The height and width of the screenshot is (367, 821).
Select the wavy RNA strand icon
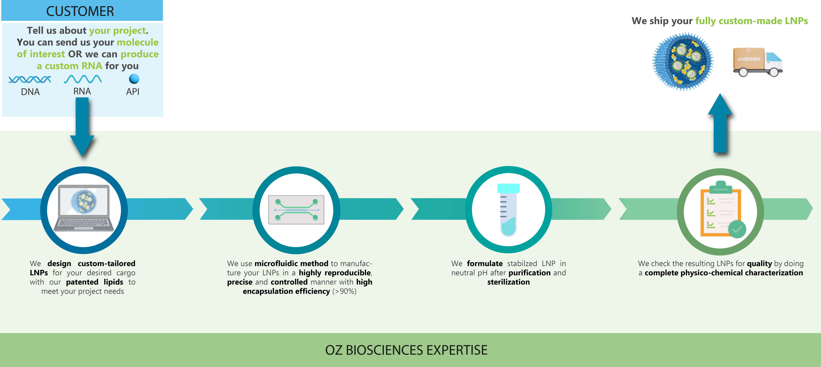point(83,79)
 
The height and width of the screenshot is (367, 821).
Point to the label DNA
point(30,92)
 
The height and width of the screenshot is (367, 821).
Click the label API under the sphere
point(133,92)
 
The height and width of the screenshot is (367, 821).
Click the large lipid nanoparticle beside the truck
point(683,62)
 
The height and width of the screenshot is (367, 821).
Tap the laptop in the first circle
point(84,208)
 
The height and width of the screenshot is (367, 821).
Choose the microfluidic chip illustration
point(296,210)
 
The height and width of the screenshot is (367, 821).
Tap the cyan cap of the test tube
point(508,188)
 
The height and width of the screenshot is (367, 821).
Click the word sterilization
point(508,282)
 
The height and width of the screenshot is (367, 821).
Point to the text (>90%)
point(344,291)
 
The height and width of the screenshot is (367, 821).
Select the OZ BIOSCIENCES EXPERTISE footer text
point(406,350)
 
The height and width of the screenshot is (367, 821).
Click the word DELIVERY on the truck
point(751,59)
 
